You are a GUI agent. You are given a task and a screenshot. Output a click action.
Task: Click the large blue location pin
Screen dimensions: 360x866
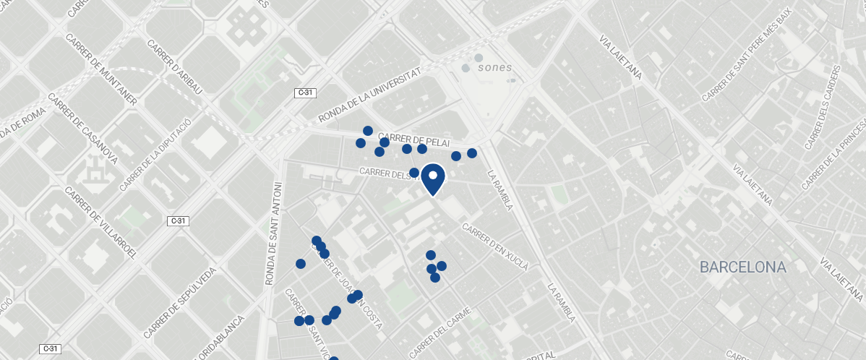(x=432, y=179)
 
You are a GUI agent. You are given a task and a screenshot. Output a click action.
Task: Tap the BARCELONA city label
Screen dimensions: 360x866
(x=742, y=267)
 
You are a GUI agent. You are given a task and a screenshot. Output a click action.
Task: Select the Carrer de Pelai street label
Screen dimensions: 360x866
(x=409, y=138)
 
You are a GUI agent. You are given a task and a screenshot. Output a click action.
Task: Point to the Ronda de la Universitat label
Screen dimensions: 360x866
(x=369, y=97)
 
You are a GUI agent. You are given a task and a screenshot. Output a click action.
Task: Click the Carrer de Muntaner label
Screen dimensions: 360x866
(x=100, y=69)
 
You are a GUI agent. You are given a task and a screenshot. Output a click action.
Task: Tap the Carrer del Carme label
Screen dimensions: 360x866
(x=440, y=331)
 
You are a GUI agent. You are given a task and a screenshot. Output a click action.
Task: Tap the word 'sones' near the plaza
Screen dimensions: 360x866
(x=495, y=68)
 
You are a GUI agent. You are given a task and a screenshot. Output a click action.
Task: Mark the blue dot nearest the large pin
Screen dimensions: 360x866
(x=414, y=173)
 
